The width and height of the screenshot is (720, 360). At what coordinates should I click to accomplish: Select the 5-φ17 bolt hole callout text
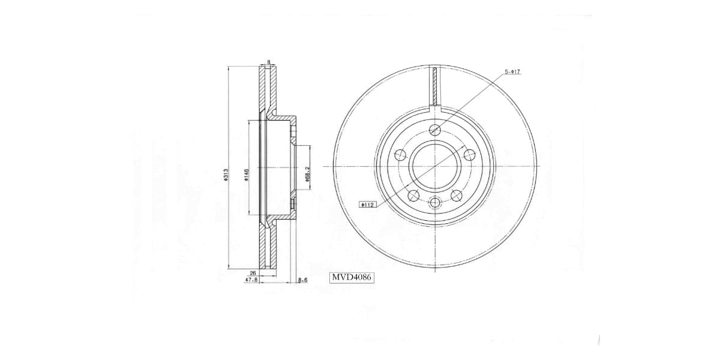coord(512,72)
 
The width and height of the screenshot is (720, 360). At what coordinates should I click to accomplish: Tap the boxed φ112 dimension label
coord(367,205)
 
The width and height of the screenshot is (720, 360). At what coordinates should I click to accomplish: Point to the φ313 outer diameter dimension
coord(226,173)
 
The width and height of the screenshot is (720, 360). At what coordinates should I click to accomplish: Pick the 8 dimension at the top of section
coord(269,62)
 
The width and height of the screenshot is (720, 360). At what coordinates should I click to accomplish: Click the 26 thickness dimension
coord(253,273)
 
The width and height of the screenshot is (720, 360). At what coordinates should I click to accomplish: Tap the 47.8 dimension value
coord(251,280)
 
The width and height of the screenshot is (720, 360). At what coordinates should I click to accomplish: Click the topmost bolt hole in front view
coord(436,129)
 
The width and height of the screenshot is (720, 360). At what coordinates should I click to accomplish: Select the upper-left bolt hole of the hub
coord(400,155)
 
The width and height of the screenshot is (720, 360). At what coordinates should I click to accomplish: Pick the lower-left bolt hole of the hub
coord(413,195)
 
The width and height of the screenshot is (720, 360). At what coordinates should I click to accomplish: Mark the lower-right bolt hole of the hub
coord(457,195)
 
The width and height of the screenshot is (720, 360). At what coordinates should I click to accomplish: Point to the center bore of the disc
coord(436,166)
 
